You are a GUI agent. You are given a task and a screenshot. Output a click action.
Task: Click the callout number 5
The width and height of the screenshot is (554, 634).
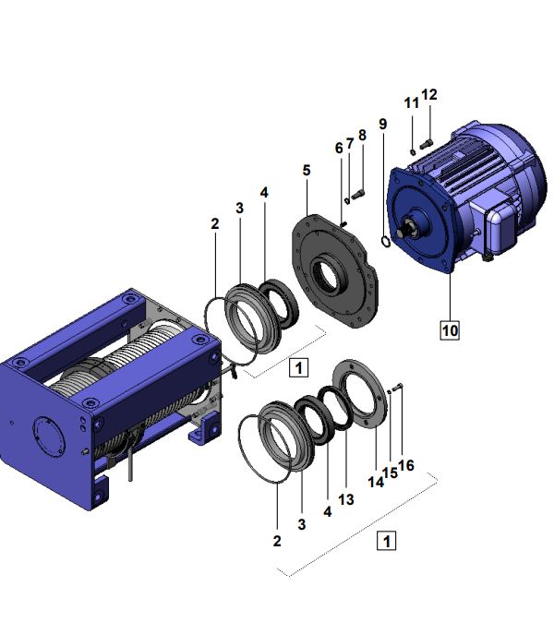click(307, 170)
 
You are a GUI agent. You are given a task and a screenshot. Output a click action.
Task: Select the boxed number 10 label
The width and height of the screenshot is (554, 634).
click(450, 330)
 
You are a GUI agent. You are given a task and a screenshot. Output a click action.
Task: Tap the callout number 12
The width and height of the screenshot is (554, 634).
click(429, 95)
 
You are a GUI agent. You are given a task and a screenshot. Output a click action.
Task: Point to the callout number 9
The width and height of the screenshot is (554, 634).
click(383, 124)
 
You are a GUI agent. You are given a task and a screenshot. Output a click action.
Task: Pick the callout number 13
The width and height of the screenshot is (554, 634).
click(346, 500)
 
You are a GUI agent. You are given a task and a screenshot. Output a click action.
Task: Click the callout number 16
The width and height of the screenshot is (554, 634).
click(406, 465)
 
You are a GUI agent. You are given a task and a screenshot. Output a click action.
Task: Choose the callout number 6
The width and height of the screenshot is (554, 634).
click(339, 149)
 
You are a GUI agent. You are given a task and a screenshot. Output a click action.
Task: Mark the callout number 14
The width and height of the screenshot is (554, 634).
click(376, 482)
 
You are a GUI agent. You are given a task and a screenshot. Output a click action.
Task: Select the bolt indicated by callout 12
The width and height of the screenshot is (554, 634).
click(427, 143)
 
